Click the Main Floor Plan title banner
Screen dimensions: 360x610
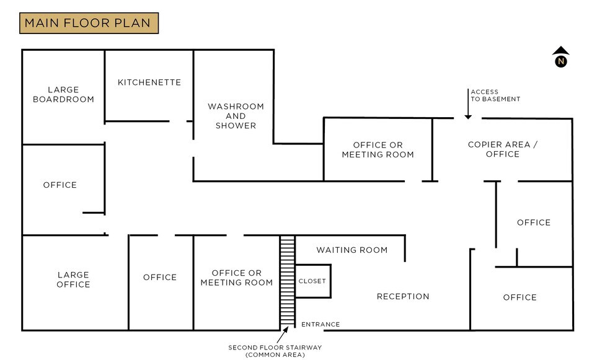pos(89,24)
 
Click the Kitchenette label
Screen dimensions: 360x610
pos(149,82)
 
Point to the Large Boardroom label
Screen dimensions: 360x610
pos(63,95)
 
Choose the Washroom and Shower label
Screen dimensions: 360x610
pos(236,116)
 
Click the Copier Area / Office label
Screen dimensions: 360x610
pos(503,149)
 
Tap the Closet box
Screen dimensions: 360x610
pos(312,281)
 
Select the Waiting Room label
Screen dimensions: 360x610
pos(351,250)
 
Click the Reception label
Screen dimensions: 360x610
pos(403,296)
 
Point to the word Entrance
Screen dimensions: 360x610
pos(320,324)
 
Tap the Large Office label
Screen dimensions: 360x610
pos(73,279)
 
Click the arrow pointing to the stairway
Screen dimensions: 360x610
pos(285,335)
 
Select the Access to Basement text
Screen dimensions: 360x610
pos(495,95)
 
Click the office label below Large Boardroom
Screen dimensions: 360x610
pos(60,185)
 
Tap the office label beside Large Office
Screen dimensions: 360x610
pos(160,277)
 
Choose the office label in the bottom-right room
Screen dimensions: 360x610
pos(519,297)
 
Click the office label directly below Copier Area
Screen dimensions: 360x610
pos(533,222)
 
